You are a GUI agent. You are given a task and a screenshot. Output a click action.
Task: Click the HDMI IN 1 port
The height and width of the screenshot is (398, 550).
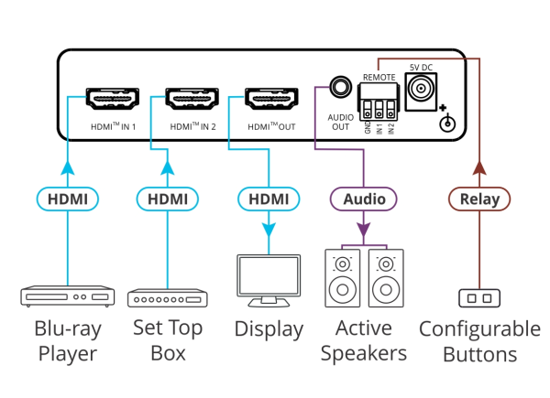click(x=113, y=98)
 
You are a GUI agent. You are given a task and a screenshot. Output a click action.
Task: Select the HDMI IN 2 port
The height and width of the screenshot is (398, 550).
click(x=192, y=98)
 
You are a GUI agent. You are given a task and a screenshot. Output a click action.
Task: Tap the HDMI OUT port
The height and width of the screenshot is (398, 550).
click(x=269, y=98)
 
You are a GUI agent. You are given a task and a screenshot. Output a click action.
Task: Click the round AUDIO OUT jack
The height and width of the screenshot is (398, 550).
click(x=340, y=89)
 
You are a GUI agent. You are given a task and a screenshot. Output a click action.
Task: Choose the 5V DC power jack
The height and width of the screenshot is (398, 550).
click(x=422, y=89)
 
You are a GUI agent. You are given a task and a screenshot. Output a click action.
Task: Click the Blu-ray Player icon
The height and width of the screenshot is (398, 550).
click(x=68, y=297)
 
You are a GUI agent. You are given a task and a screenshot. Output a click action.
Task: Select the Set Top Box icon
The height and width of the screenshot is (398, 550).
click(x=167, y=298)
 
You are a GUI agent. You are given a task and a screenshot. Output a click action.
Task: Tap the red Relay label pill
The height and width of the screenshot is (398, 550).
click(x=479, y=199)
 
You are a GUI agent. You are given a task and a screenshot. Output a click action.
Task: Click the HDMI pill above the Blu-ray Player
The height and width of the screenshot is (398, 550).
click(x=68, y=199)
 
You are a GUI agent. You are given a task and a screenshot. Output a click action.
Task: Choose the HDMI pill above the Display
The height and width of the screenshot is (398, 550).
click(x=269, y=199)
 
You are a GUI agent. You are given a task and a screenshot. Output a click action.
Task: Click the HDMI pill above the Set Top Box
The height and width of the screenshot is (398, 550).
click(x=167, y=199)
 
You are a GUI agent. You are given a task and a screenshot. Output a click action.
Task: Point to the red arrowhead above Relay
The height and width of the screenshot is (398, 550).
click(x=479, y=167)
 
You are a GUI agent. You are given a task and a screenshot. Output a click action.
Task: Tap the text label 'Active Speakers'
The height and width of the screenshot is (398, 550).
click(x=363, y=340)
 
